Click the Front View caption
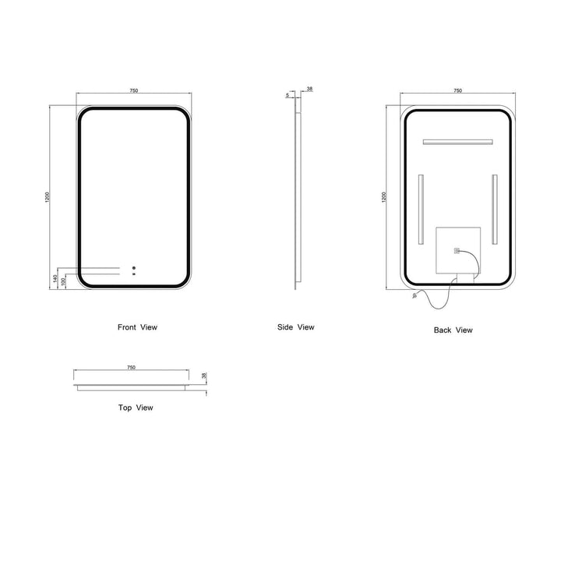[137, 327]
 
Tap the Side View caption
[296, 327]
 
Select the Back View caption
[453, 330]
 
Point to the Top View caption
[136, 408]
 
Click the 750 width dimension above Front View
[133, 90]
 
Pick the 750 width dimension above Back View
[457, 90]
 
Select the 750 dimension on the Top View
[132, 368]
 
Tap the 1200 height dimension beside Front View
[48, 197]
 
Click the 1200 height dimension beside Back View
[384, 197]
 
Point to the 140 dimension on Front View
[55, 278]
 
